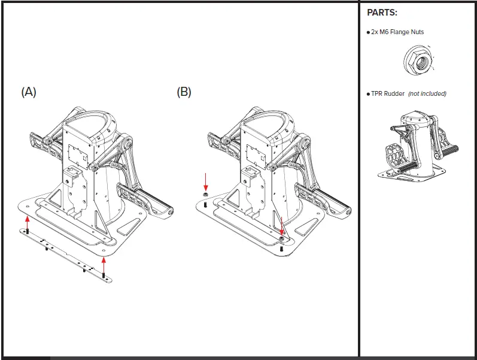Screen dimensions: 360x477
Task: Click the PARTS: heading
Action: [382, 13]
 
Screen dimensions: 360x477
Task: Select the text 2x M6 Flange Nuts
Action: [397, 32]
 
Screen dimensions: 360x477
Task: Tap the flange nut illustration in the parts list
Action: [418, 60]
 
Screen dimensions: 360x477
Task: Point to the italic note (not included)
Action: [427, 93]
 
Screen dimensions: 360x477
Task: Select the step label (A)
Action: [29, 92]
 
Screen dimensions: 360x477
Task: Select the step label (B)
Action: [184, 92]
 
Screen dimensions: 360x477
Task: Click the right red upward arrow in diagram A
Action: [104, 264]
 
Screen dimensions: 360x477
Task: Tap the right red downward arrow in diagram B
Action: [282, 224]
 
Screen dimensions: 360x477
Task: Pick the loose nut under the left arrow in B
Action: [205, 195]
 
